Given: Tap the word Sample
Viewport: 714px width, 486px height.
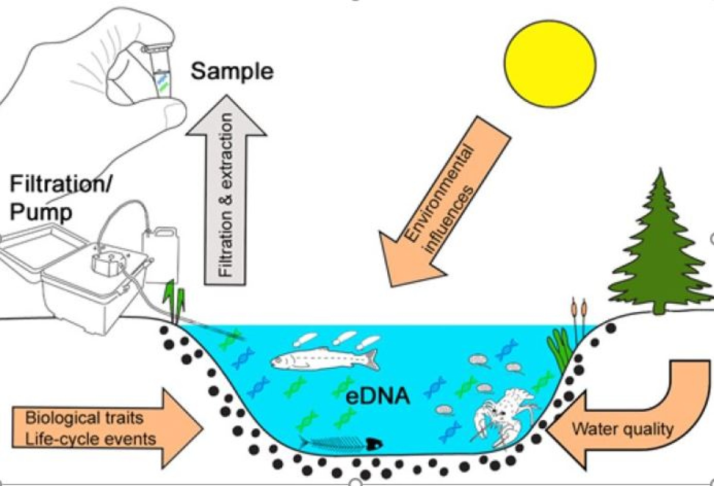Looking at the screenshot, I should (232, 72).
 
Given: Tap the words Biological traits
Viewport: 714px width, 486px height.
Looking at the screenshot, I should (84, 418).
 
